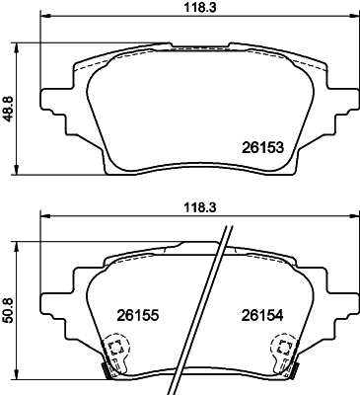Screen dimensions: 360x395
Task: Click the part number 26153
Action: (x=262, y=148)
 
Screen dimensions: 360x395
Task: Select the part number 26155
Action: (x=138, y=316)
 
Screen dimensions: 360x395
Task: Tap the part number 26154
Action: (x=262, y=316)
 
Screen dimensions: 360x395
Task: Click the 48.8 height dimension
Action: (x=8, y=109)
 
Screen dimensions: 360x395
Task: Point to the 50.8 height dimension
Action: (x=8, y=310)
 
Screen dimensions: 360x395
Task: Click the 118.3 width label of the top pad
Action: (x=199, y=8)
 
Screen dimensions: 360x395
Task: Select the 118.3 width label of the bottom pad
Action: (x=199, y=207)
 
